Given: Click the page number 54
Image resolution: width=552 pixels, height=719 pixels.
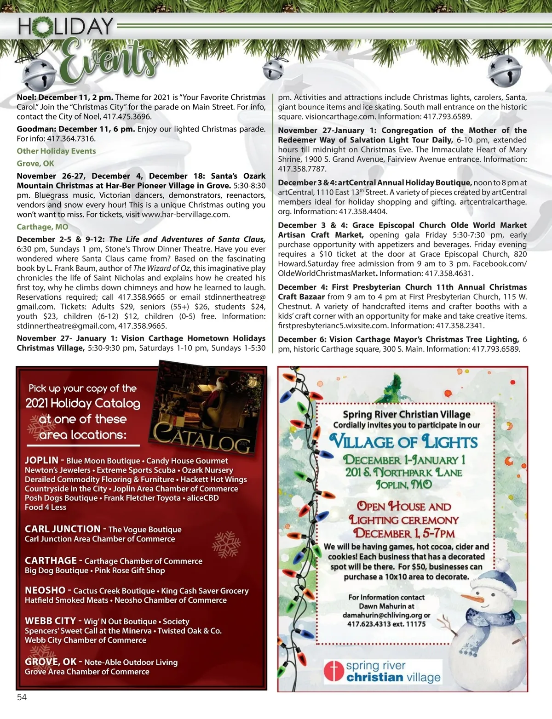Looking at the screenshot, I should click(22, 697).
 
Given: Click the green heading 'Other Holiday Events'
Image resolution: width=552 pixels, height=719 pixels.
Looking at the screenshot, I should click(56, 151).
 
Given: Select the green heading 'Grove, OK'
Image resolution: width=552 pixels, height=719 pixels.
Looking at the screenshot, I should click(35, 164).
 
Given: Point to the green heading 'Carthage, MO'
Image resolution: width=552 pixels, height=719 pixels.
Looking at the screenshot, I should click(42, 227).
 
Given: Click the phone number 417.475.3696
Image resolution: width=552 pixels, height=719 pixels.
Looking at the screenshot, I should click(127, 117).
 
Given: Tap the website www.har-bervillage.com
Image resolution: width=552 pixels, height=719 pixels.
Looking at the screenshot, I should click(185, 214).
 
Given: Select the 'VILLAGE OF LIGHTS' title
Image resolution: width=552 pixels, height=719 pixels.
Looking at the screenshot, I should click(404, 442).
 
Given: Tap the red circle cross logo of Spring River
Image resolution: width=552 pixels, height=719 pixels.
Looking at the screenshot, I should click(334, 671).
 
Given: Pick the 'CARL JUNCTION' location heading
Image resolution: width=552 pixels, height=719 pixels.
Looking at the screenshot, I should click(63, 529).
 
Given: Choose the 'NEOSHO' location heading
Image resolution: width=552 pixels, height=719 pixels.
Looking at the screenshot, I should click(45, 590).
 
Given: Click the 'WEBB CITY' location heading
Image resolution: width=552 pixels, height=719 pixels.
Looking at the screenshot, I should click(50, 621).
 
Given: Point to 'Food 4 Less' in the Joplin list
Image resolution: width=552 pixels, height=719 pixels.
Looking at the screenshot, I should click(46, 507).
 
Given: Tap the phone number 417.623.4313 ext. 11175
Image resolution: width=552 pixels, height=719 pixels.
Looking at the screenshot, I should click(386, 624).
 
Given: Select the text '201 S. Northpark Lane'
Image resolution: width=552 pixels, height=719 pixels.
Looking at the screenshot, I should click(404, 472).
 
